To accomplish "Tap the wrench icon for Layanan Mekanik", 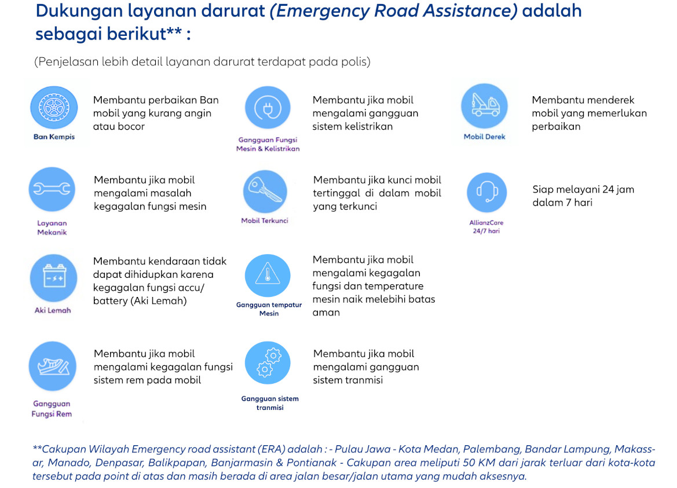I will (x=52, y=189).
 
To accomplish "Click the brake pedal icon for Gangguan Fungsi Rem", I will (x=52, y=366).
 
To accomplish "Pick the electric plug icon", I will (x=268, y=107).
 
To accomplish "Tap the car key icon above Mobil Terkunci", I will (x=265, y=191).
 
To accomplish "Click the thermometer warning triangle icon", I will (x=268, y=276).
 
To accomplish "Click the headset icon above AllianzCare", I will (x=486, y=192).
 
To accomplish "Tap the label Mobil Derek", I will (x=485, y=137).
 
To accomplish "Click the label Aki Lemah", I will (x=53, y=310).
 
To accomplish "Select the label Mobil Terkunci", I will (x=265, y=221).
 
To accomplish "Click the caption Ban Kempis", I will (x=54, y=137).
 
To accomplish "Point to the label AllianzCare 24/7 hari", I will (x=486, y=226).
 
